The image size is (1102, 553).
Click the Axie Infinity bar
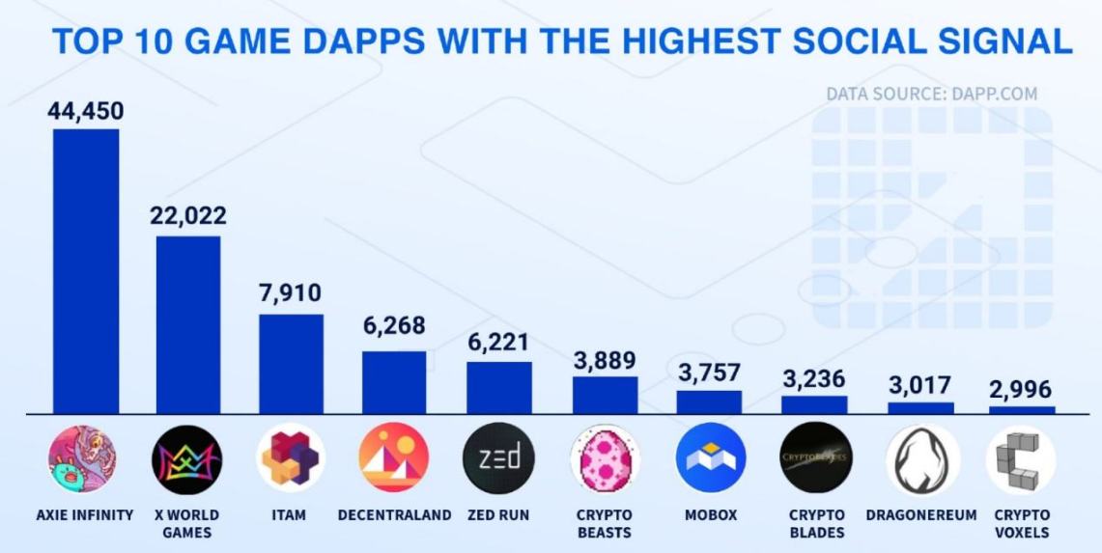pyautogui.click(x=86, y=271)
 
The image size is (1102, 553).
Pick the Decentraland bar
pyautogui.click(x=394, y=382)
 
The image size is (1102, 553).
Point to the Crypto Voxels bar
pyautogui.click(x=1022, y=410)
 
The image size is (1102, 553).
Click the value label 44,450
pyautogui.click(x=86, y=111)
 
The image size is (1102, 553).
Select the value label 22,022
pyautogui.click(x=188, y=215)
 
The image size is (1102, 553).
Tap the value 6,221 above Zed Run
pyautogui.click(x=498, y=343)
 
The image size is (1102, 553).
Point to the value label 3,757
pyautogui.click(x=709, y=372)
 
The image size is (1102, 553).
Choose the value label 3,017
pyautogui.click(x=920, y=383)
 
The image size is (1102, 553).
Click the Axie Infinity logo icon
pyautogui.click(x=82, y=459)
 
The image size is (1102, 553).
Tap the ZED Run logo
pyautogui.click(x=498, y=458)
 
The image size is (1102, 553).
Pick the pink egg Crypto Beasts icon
pyautogui.click(x=605, y=459)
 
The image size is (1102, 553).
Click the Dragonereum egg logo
pyautogui.click(x=922, y=459)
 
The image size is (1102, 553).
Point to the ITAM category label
pyautogui.click(x=290, y=515)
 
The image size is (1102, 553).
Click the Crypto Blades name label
pyautogui.click(x=815, y=524)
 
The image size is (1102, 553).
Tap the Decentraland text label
pyautogui.click(x=394, y=515)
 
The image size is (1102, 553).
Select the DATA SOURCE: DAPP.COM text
pyautogui.click(x=931, y=95)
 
